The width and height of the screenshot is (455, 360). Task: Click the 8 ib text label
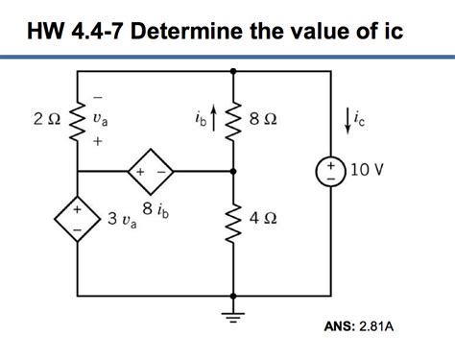click(154, 209)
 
